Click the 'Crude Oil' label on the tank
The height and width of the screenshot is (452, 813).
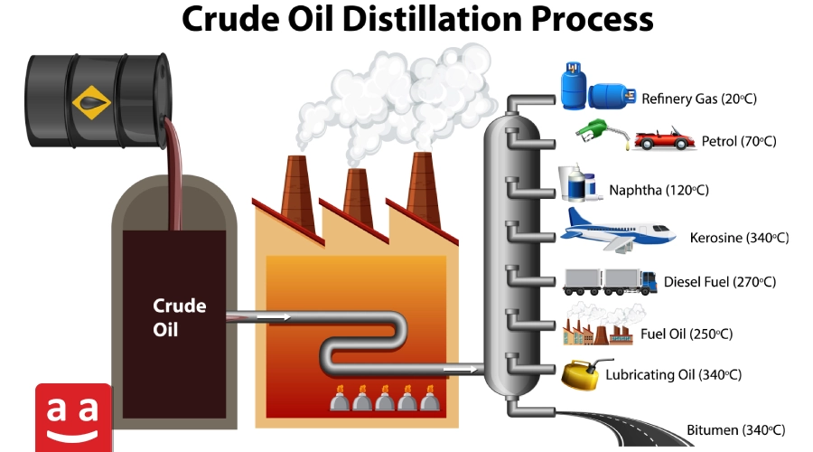(179, 317)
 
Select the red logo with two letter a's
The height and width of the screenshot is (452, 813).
(74, 418)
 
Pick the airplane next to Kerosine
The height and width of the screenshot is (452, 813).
(617, 230)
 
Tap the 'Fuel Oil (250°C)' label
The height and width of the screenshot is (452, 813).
(687, 334)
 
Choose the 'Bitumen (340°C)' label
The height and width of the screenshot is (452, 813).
(736, 429)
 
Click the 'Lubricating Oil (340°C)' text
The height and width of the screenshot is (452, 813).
(675, 374)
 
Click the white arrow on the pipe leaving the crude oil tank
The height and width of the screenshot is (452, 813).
(274, 316)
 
